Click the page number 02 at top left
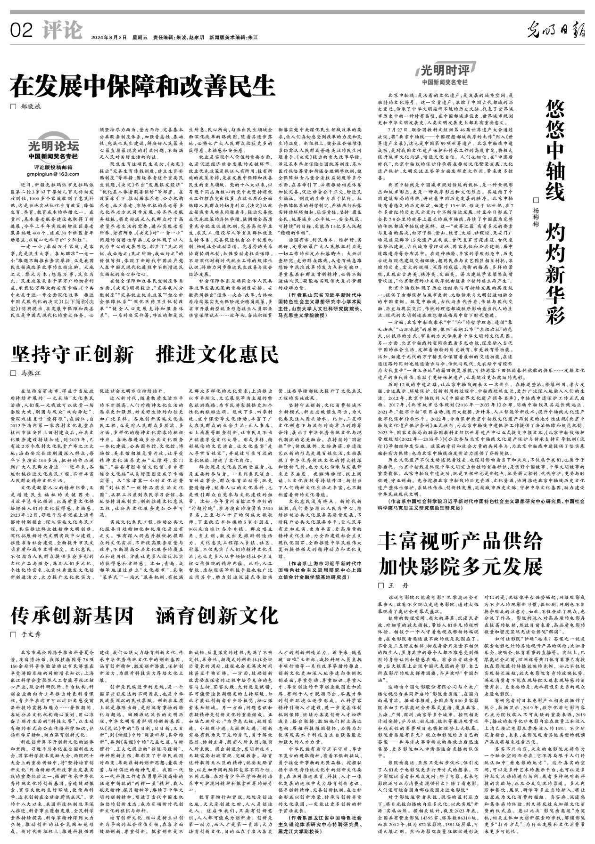click(21, 31)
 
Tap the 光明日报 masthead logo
click(556, 31)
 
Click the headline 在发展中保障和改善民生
click(142, 85)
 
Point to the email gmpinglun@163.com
click(53, 174)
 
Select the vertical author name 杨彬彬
click(535, 211)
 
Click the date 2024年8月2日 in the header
click(109, 38)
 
